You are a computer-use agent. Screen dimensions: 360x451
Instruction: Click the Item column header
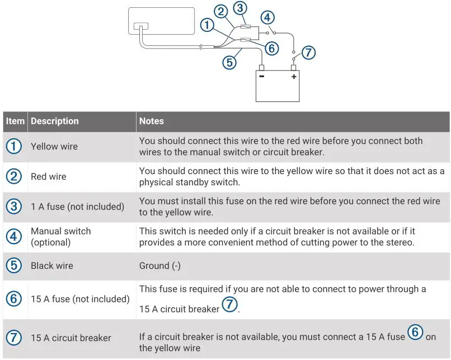coord(15,121)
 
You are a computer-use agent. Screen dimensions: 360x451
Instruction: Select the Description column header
coord(55,121)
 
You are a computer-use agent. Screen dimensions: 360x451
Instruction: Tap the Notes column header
coord(151,121)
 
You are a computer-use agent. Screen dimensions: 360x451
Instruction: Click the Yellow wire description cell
coord(54,147)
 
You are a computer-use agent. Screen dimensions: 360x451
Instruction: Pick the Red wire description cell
coord(49,177)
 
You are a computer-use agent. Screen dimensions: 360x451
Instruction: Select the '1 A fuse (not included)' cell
coord(77,207)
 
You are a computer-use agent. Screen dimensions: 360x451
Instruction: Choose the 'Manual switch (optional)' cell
coord(60,237)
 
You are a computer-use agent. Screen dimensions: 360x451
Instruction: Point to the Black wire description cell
coord(52,266)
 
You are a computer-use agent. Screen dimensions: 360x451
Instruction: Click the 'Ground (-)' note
coord(160,266)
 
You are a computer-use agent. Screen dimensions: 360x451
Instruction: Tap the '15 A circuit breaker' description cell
coord(71,338)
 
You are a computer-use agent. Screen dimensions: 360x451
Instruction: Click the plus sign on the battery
coord(293,77)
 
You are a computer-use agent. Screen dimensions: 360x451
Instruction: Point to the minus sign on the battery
coord(262,77)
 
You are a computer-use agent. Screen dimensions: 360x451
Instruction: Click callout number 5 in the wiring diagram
coord(229,62)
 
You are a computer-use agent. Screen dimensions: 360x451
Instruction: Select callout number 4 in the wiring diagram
coord(268,17)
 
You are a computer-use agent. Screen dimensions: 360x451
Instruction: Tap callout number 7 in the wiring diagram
coord(308,53)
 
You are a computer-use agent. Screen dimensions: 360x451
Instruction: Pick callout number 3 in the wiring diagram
coord(240,8)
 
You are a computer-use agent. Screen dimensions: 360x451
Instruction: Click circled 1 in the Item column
coord(14,147)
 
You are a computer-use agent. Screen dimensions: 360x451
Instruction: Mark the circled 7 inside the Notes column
coord(229,305)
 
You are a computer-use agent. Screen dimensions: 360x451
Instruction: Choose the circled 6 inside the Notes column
coord(415,332)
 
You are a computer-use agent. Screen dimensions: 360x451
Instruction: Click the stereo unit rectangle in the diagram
coord(161,21)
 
